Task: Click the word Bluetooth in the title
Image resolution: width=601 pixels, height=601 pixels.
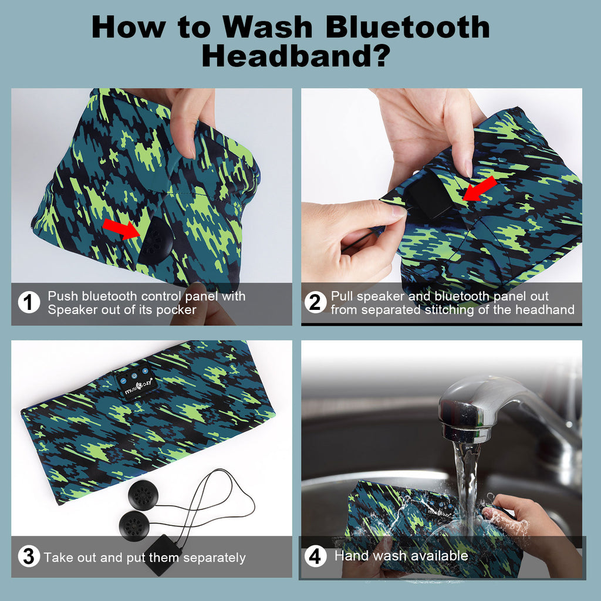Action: [x=407, y=27]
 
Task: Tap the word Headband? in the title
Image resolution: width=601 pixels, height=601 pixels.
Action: [x=296, y=56]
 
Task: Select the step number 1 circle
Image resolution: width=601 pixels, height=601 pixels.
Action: [x=29, y=302]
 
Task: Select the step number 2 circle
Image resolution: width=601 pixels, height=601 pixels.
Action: [x=315, y=302]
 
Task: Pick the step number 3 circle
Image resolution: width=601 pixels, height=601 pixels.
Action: [x=29, y=556]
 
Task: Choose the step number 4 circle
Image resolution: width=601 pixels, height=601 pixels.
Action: [x=315, y=556]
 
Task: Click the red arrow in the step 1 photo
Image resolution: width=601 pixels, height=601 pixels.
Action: [x=121, y=229]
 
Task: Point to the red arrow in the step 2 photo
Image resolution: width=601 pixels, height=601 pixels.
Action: [x=480, y=189]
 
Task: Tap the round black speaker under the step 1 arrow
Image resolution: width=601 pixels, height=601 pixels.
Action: [x=156, y=241]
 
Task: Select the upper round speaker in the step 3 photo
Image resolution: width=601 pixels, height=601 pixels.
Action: [x=143, y=495]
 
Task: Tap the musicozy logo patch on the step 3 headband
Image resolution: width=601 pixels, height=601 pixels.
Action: [x=136, y=381]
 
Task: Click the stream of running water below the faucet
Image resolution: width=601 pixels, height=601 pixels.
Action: [x=467, y=487]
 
